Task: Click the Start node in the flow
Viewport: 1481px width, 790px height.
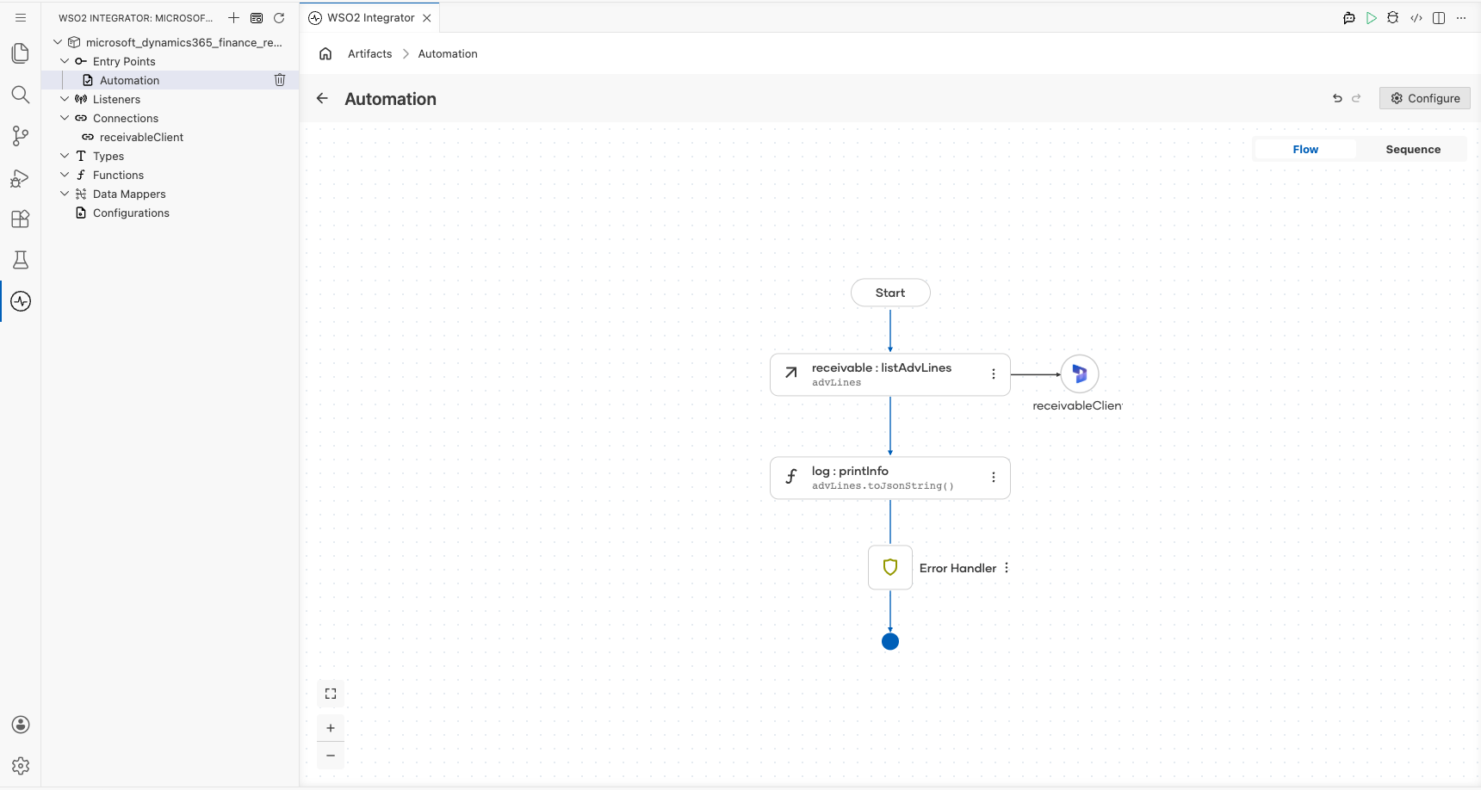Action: pos(890,293)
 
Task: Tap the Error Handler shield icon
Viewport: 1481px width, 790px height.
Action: pos(890,567)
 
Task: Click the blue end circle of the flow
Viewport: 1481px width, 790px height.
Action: pos(890,641)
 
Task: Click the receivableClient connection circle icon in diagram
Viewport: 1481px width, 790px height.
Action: pos(1080,374)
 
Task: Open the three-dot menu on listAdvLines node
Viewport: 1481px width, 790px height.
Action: pos(994,374)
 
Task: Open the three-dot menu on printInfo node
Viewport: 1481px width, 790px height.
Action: pos(994,478)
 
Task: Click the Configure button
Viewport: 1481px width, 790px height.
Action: pos(1425,98)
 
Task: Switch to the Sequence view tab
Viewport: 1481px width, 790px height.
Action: pos(1413,150)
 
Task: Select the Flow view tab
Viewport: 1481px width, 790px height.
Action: pos(1305,150)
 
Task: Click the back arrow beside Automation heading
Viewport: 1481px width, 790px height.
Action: pos(322,98)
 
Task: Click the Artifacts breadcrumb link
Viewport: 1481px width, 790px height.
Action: pos(370,53)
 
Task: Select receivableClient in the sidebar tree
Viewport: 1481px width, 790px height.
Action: pos(141,137)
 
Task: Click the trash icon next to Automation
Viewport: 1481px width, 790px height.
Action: pos(280,80)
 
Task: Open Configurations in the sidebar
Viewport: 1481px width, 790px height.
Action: pos(131,213)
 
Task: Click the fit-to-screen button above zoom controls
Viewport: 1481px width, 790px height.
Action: pos(331,694)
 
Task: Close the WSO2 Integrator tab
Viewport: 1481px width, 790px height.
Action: pos(427,18)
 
